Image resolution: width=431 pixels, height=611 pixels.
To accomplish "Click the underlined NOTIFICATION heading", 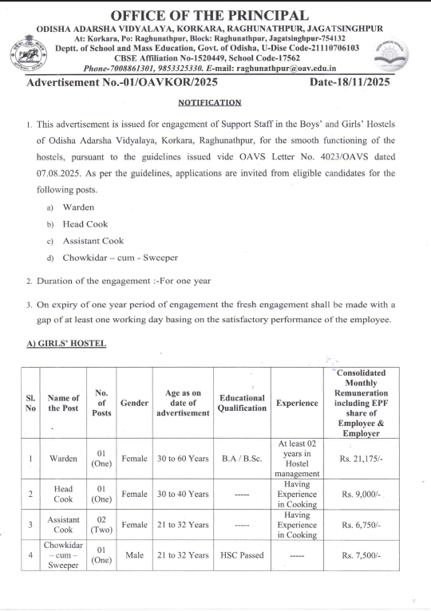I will coord(209,103).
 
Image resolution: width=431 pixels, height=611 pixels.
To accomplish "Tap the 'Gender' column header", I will coord(134,404).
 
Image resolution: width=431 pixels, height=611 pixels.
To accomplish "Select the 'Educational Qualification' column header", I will coord(242,403).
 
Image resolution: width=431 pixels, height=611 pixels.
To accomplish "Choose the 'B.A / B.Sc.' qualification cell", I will coord(242,459).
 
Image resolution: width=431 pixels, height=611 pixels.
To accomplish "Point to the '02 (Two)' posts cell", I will coord(101,524).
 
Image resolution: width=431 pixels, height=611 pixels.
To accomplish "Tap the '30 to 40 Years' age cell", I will coord(182,495).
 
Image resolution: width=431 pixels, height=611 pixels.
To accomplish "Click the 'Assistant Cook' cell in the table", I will coord(63,524).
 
